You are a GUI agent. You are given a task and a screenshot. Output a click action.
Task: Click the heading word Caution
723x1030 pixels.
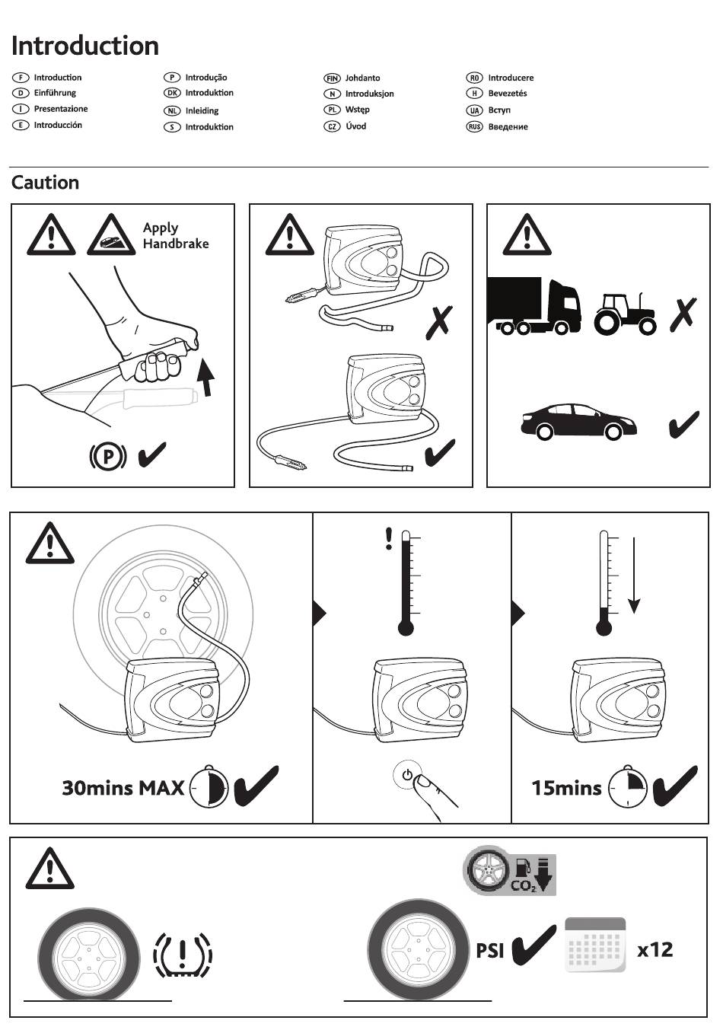[x=45, y=183]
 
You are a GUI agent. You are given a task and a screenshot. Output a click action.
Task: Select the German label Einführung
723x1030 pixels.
[x=55, y=93]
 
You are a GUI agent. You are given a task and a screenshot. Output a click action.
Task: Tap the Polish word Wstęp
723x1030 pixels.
[x=357, y=110]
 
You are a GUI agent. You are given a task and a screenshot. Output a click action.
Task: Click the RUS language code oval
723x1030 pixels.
[x=474, y=126]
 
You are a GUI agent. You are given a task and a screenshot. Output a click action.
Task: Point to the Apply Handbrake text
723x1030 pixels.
[x=176, y=235]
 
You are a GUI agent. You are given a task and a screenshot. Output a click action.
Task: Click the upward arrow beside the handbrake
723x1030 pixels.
[x=205, y=377]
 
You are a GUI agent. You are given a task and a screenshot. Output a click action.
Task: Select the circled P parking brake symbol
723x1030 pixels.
[x=108, y=456]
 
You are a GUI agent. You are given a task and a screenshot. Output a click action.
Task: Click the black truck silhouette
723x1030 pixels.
[x=533, y=305]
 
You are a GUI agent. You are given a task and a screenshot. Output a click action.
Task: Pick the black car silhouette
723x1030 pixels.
[x=578, y=421]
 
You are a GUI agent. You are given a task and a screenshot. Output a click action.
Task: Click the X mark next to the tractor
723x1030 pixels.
[x=683, y=314]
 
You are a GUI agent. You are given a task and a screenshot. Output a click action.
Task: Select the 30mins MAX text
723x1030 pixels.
[x=123, y=788]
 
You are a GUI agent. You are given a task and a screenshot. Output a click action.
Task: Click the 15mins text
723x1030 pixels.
[x=566, y=788]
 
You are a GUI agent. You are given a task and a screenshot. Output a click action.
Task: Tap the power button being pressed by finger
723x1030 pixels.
[x=407, y=775]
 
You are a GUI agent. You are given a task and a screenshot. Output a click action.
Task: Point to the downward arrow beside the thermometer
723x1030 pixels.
[x=634, y=576]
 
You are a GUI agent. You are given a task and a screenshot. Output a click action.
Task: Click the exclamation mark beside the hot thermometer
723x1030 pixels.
[x=389, y=538]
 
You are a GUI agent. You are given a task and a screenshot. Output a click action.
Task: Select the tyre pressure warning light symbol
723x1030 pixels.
[x=183, y=955]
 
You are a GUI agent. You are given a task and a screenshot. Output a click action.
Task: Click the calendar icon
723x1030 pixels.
[x=595, y=945]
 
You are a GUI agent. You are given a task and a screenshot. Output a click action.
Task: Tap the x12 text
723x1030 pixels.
[x=655, y=949]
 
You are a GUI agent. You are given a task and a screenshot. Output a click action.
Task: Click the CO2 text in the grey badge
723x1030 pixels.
[x=524, y=885]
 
